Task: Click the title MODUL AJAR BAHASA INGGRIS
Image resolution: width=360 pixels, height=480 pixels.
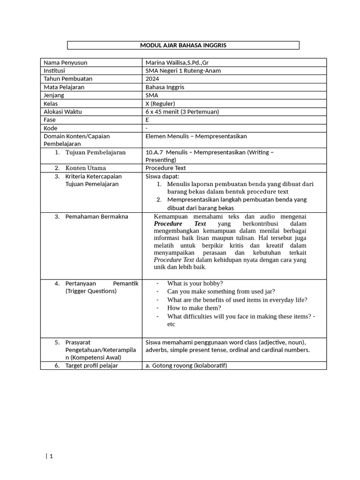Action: [183, 45]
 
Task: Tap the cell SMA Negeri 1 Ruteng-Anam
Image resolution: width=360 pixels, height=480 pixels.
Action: [183, 71]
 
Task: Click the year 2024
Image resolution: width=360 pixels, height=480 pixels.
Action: [152, 79]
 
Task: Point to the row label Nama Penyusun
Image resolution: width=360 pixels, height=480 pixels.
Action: [65, 62]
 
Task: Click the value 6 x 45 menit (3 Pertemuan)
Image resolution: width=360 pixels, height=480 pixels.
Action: [182, 112]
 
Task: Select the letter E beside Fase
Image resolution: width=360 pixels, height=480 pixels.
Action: [148, 120]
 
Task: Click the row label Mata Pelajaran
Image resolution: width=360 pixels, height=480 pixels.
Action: [64, 87]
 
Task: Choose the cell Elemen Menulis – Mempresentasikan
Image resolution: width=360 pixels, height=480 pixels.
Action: [196, 136]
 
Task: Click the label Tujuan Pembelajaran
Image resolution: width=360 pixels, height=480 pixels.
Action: [96, 152]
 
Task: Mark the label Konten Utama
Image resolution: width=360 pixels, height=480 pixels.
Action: [86, 168]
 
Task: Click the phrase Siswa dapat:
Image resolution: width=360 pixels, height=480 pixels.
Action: [163, 176]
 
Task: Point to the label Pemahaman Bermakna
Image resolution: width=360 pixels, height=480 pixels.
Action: [97, 217]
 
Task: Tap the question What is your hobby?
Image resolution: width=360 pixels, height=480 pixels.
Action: [195, 284]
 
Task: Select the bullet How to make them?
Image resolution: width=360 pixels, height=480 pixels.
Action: [194, 308]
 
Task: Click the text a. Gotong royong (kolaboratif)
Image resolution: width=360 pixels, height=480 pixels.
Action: [186, 366]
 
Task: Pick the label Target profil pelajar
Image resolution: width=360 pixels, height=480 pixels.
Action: [92, 366]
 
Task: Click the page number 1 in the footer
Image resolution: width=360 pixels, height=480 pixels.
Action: [51, 457]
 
